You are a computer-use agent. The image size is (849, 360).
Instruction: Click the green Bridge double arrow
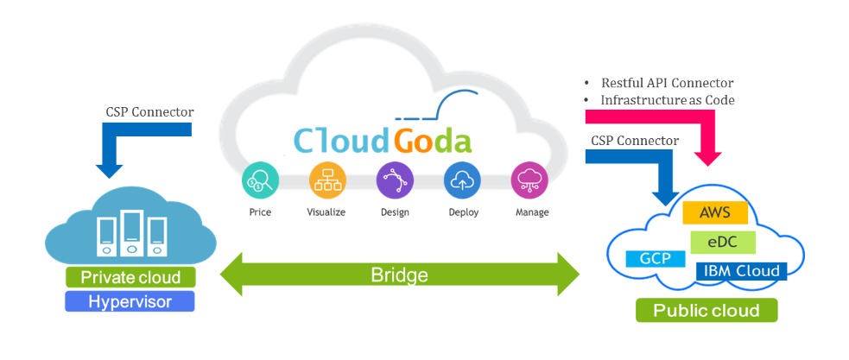click(x=399, y=275)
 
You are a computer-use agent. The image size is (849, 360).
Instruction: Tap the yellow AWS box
click(x=715, y=212)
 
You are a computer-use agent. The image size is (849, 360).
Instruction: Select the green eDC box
click(x=723, y=241)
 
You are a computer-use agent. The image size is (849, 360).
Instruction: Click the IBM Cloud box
click(x=741, y=271)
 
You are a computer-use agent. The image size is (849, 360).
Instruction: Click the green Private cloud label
click(x=130, y=277)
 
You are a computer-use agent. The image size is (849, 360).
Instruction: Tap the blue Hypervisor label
click(x=130, y=301)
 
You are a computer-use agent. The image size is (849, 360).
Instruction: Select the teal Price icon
click(x=260, y=180)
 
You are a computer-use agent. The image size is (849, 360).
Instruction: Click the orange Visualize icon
click(x=327, y=180)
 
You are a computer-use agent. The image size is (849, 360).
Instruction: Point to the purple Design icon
click(x=394, y=180)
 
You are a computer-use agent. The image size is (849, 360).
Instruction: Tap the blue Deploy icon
click(x=462, y=180)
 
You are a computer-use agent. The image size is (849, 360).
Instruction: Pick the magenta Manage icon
click(x=529, y=180)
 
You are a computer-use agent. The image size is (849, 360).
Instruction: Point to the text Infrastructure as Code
click(x=667, y=100)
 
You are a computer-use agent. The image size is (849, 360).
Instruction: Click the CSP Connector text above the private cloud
click(x=149, y=112)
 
